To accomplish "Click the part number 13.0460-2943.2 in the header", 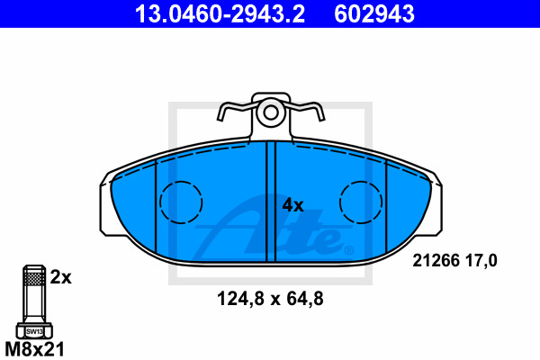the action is click(x=220, y=13).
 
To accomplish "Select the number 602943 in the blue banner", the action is click(x=374, y=13).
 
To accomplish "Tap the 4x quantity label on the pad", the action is click(x=292, y=205).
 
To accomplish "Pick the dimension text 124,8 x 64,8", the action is click(x=270, y=299).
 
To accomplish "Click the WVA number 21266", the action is click(x=436, y=260).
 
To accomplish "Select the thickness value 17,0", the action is click(x=481, y=260).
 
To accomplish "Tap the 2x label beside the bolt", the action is click(x=60, y=277).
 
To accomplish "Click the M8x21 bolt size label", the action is click(x=34, y=349).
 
